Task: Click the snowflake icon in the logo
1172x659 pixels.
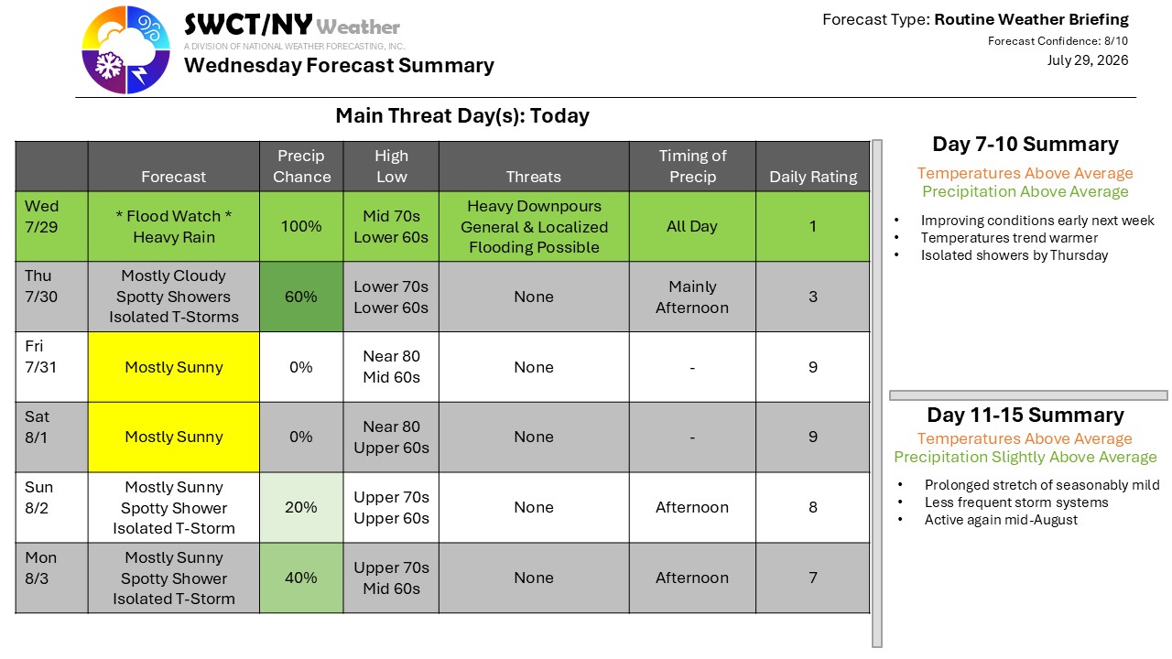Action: pos(109,67)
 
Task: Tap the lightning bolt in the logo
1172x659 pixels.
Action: pos(140,74)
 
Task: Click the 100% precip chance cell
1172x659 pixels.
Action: pos(301,226)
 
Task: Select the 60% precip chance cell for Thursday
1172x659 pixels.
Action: pos(301,297)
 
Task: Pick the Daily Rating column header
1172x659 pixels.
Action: pos(813,177)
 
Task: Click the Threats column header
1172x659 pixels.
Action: pos(534,177)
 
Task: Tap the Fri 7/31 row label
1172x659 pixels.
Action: pos(40,356)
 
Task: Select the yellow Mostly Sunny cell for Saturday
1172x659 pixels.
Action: pos(174,437)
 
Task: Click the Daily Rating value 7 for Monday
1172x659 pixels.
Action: pos(813,578)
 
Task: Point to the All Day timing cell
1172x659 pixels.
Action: pos(692,226)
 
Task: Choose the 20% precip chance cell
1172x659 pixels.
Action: pos(301,507)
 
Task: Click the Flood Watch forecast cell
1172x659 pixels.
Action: pos(174,226)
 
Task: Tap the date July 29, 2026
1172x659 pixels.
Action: pos(1087,60)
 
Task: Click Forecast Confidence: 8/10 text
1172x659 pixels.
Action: pos(1058,41)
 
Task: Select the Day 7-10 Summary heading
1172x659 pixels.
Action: pos(1025,144)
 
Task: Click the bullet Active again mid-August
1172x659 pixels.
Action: pos(1001,520)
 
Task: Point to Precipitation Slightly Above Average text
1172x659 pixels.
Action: pos(1025,457)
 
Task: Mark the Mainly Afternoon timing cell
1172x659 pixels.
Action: pos(692,297)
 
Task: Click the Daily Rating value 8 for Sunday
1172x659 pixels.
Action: pos(813,507)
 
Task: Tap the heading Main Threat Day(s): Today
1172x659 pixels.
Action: pos(462,115)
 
